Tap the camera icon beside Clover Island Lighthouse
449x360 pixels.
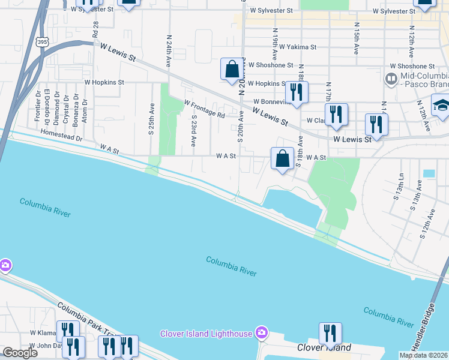pyautogui.click(x=261, y=332)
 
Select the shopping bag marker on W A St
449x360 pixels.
pyautogui.click(x=282, y=159)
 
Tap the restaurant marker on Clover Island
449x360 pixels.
pyautogui.click(x=330, y=333)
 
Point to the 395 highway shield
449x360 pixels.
pyautogui.click(x=41, y=42)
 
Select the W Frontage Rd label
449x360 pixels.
pyautogui.click(x=204, y=109)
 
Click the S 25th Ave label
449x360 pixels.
pyautogui.click(x=152, y=119)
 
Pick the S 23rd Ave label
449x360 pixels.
pyautogui.click(x=193, y=131)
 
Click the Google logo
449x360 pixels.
pyautogui.click(x=20, y=353)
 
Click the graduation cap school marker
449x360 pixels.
pyautogui.click(x=442, y=104)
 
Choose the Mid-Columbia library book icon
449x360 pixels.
pyautogui.click(x=391, y=79)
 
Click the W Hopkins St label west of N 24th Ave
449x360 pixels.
pyautogui.click(x=104, y=82)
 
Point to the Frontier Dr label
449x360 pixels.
pyautogui.click(x=38, y=106)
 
